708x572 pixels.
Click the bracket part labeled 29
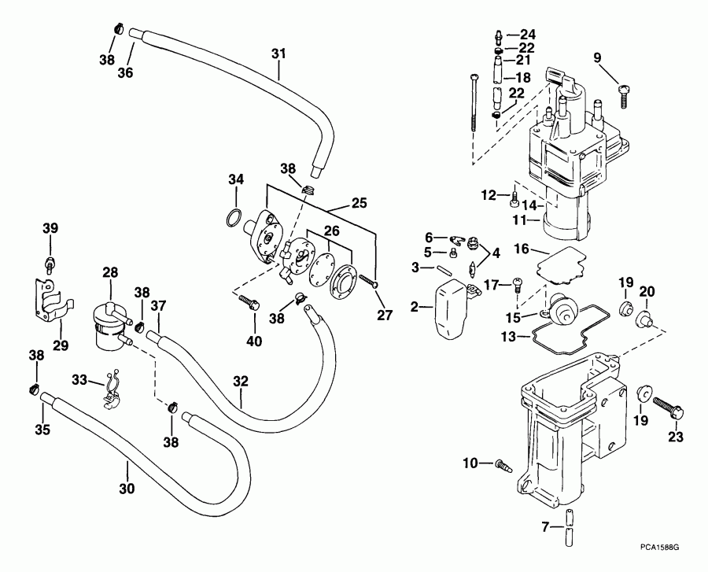[x=50, y=304]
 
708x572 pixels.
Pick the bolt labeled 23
[x=669, y=411]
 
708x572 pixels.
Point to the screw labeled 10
[x=500, y=464]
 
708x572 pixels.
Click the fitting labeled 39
[x=50, y=259]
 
